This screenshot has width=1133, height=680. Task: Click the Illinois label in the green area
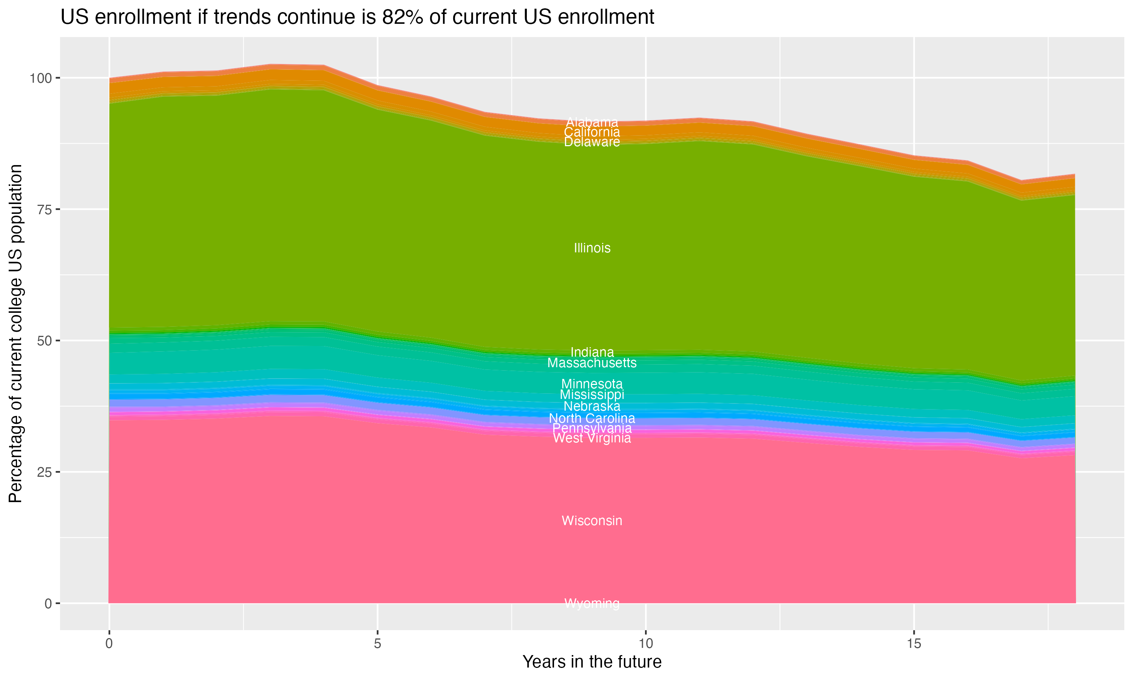tap(592, 248)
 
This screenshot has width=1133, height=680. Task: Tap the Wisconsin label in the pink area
tap(592, 521)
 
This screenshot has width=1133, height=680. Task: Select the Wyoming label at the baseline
tap(592, 603)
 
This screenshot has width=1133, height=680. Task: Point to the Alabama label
tap(592, 122)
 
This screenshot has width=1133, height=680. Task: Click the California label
tap(592, 132)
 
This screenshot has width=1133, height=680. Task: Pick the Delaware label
tap(592, 142)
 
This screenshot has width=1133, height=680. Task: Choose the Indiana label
tap(592, 352)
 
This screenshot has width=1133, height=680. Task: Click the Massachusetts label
tap(592, 363)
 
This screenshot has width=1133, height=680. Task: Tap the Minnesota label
tap(592, 383)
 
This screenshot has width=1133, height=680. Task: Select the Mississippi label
tap(592, 394)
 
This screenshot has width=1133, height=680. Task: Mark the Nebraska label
tap(592, 406)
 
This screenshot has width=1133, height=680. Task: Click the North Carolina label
tap(592, 418)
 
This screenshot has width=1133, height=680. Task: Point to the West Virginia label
tap(592, 438)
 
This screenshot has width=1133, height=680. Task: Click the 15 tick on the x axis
tap(914, 644)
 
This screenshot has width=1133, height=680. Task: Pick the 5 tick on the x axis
tap(377, 644)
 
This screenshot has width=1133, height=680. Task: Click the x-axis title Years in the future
tap(592, 661)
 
